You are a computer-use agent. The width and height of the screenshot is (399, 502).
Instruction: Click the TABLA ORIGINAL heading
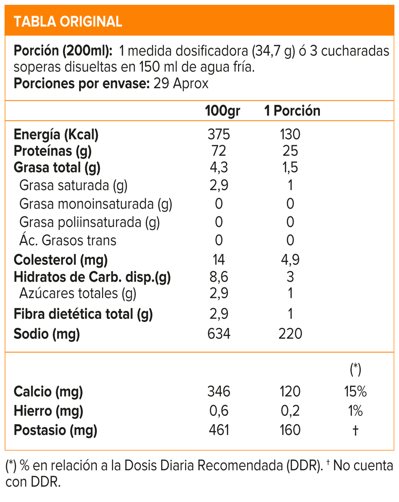pyautogui.click(x=68, y=21)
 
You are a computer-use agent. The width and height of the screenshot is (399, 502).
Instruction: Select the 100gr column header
pyautogui.click(x=222, y=111)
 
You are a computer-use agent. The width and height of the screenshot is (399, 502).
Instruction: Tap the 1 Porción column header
pyautogui.click(x=292, y=111)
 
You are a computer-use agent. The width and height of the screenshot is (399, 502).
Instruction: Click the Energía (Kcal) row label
pyautogui.click(x=56, y=134)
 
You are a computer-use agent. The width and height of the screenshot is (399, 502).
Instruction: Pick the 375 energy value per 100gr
pyautogui.click(x=219, y=134)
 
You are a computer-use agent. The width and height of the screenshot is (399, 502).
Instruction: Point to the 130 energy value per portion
pyautogui.click(x=290, y=134)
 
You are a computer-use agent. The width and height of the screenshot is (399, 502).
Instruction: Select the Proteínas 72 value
pyautogui.click(x=219, y=151)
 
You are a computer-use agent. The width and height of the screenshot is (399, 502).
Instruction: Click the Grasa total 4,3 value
pyautogui.click(x=219, y=167)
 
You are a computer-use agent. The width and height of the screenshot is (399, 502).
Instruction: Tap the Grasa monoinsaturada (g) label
pyautogui.click(x=95, y=204)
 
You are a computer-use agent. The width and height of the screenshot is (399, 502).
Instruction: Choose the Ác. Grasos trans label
pyautogui.click(x=68, y=240)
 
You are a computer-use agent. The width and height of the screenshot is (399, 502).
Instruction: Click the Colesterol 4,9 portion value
pyautogui.click(x=290, y=259)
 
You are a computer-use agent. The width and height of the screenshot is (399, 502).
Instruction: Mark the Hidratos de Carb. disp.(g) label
pyautogui.click(x=92, y=277)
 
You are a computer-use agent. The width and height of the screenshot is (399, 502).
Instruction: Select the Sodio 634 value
pyautogui.click(x=219, y=334)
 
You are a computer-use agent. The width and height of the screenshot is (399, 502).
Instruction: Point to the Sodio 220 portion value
pyautogui.click(x=290, y=334)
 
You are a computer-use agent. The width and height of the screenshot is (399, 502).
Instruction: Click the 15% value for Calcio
pyautogui.click(x=355, y=391)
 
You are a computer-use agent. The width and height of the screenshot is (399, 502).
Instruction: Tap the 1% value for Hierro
pyautogui.click(x=355, y=411)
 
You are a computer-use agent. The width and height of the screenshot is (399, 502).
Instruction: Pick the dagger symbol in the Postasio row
pyautogui.click(x=355, y=430)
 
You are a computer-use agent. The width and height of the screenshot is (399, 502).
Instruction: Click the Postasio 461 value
pyautogui.click(x=219, y=430)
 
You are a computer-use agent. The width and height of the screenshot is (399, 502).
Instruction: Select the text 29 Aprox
pyautogui.click(x=181, y=83)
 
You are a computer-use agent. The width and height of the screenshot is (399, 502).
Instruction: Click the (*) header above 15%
pyautogui.click(x=355, y=369)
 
